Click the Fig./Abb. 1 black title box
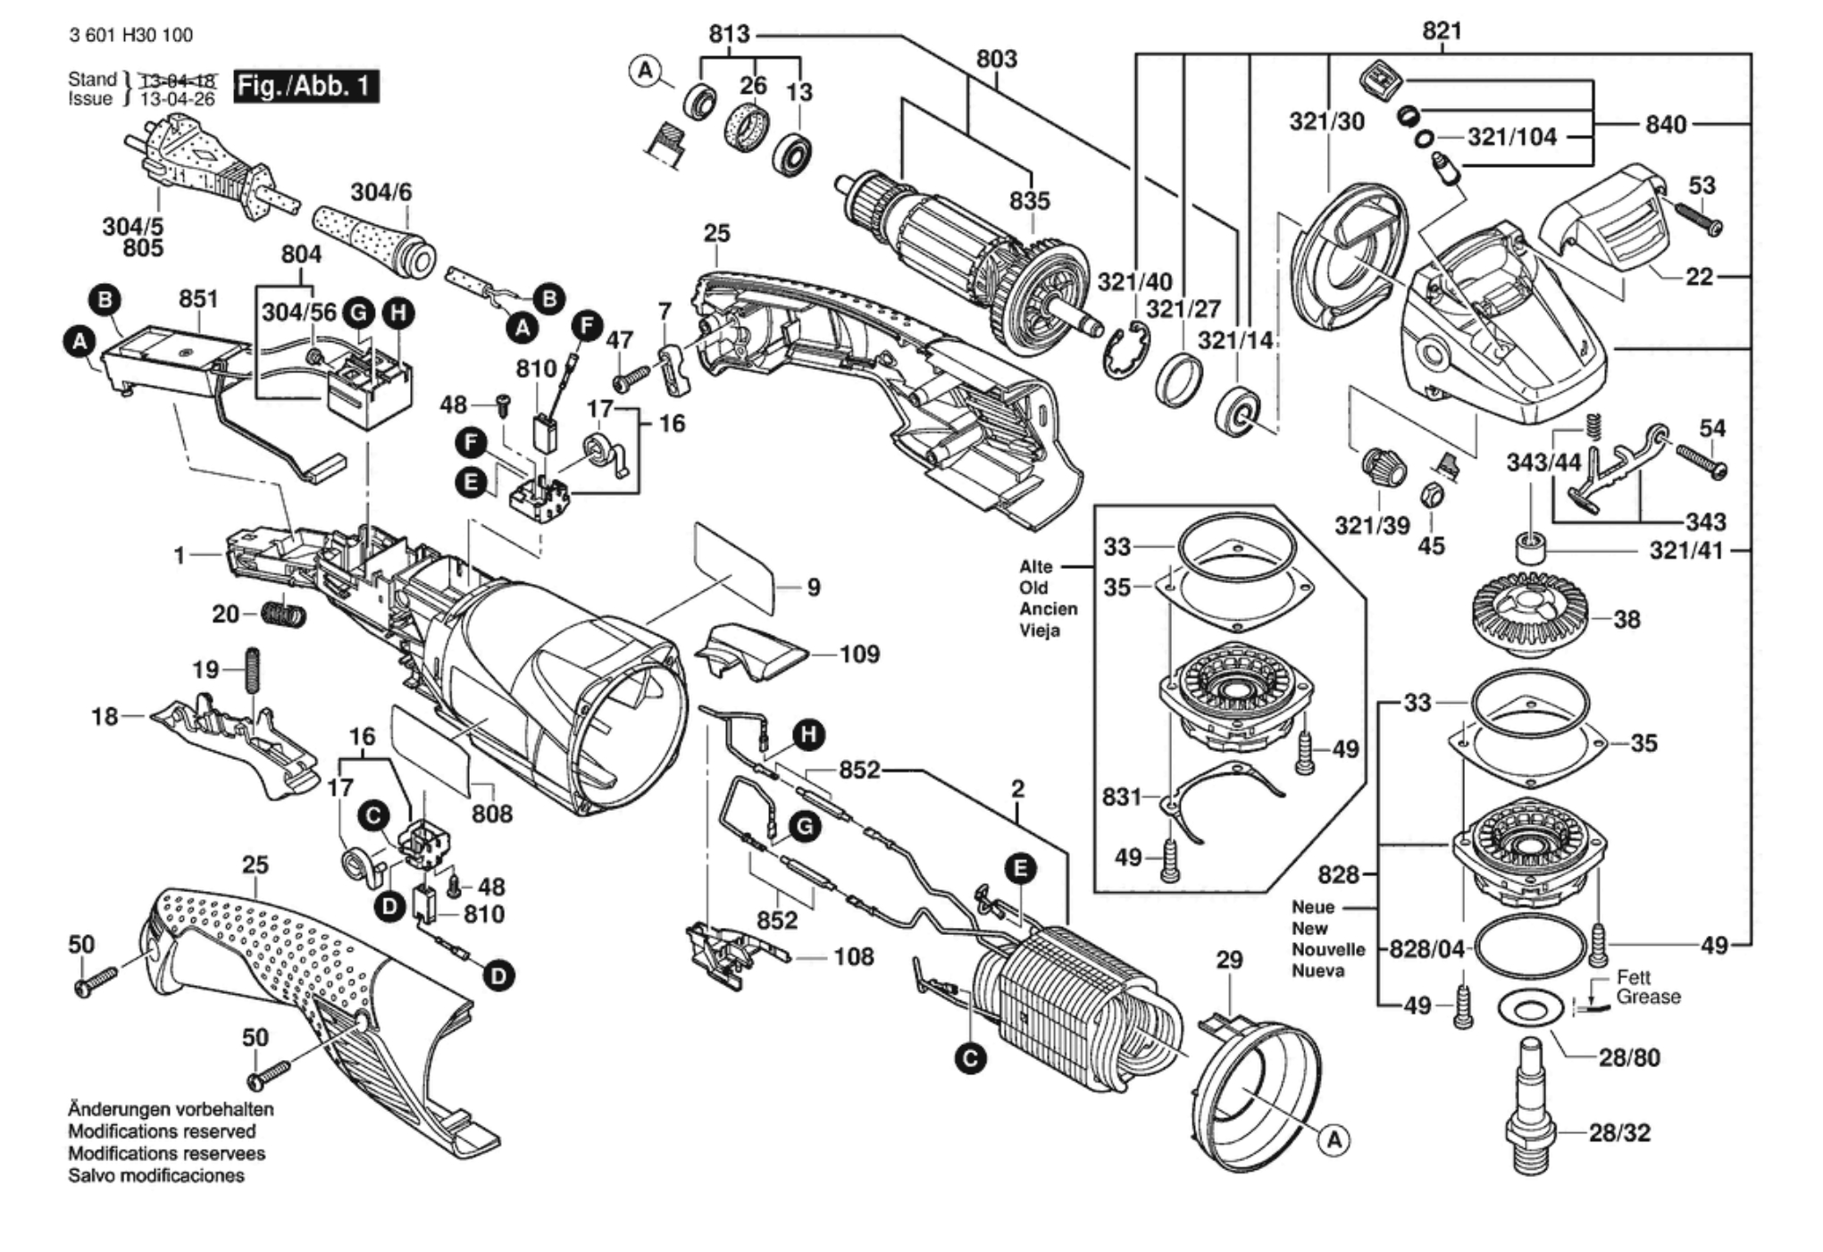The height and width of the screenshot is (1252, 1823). pyautogui.click(x=305, y=87)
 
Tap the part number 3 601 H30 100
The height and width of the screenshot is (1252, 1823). pyautogui.click(x=130, y=35)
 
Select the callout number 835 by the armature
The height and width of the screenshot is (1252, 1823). pyautogui.click(x=1029, y=201)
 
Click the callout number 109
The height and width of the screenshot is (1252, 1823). pyautogui.click(x=859, y=655)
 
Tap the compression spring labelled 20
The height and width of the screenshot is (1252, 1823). pyautogui.click(x=285, y=614)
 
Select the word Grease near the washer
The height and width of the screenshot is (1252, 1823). pyautogui.click(x=1648, y=997)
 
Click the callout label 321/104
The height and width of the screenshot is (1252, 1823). pyautogui.click(x=1511, y=137)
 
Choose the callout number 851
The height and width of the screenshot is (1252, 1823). pyautogui.click(x=198, y=298)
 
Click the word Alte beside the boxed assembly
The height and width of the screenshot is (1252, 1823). pyautogui.click(x=1036, y=567)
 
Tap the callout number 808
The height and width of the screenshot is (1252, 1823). pyautogui.click(x=492, y=814)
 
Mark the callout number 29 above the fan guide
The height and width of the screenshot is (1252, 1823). pyautogui.click(x=1229, y=960)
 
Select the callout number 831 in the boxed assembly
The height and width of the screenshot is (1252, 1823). pyautogui.click(x=1122, y=797)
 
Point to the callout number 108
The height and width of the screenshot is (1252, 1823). pyautogui.click(x=853, y=957)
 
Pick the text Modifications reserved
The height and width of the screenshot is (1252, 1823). pyautogui.click(x=162, y=1131)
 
